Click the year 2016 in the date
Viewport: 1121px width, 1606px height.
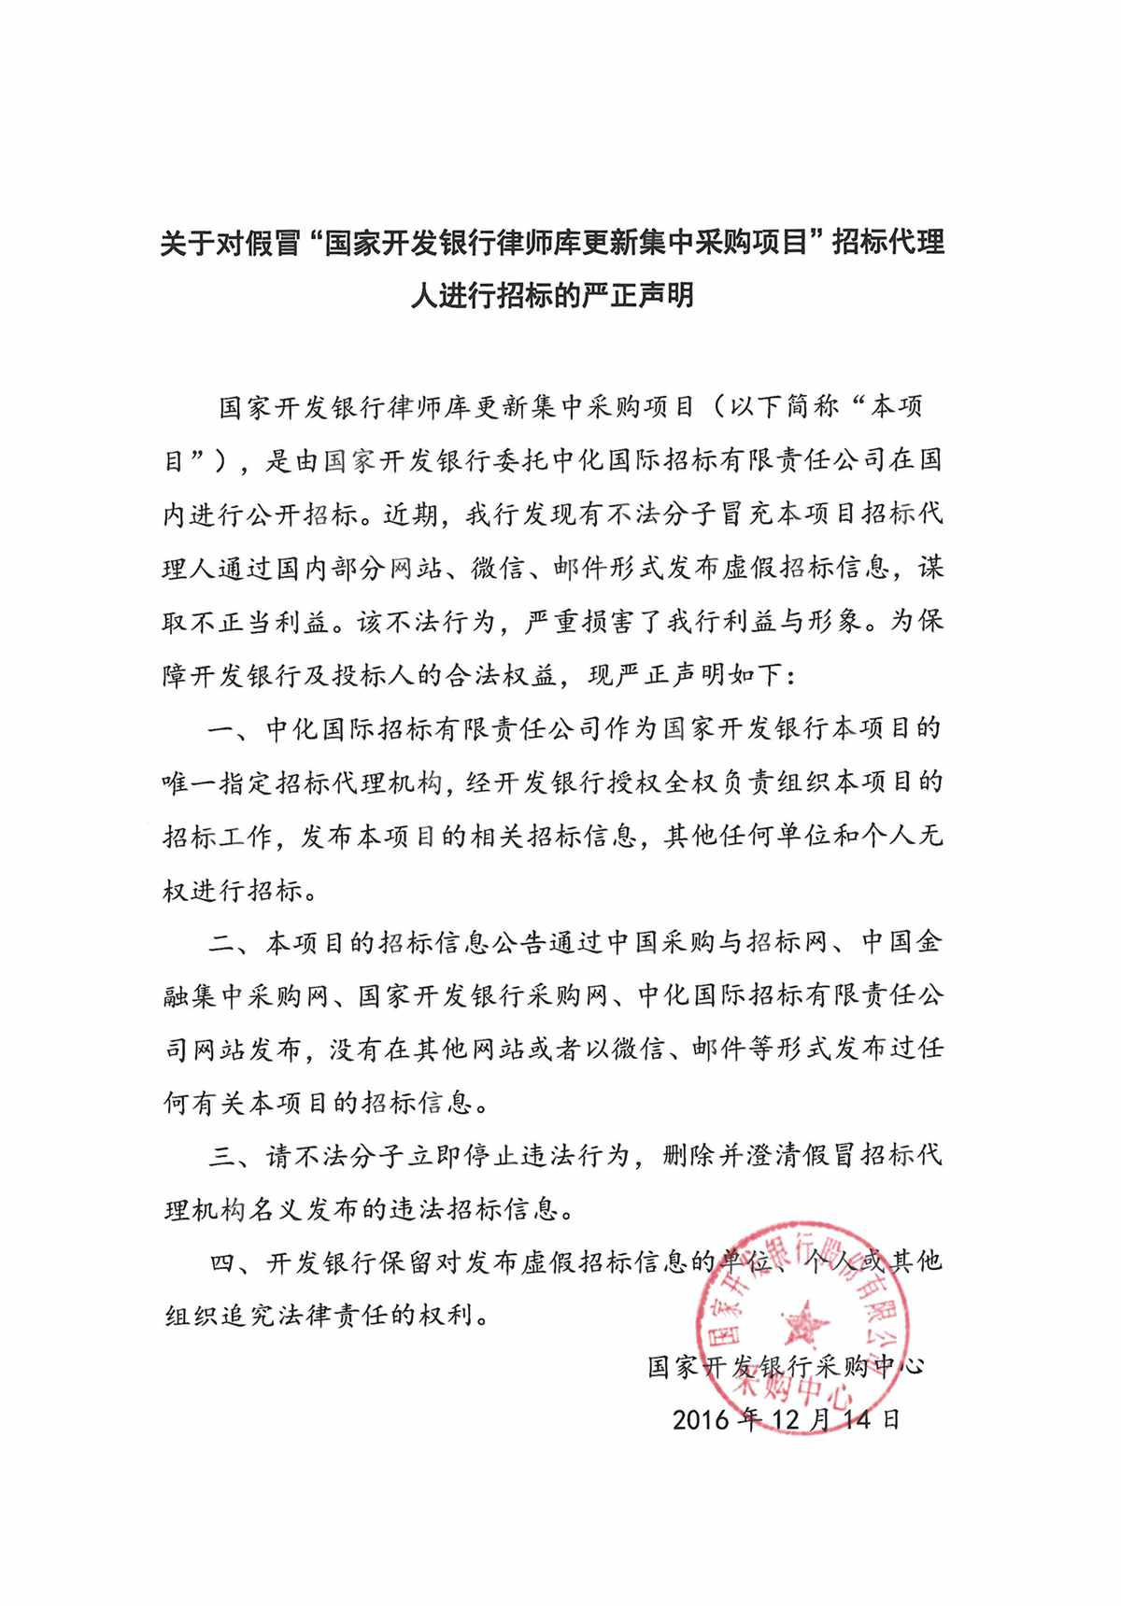tap(700, 1421)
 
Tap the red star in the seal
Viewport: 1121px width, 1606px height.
tap(802, 1325)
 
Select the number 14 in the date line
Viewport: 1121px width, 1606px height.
tap(857, 1421)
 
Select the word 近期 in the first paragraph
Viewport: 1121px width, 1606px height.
tap(410, 514)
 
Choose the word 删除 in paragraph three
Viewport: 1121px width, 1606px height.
tap(689, 1157)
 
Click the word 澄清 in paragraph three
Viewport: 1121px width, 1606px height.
tap(773, 1157)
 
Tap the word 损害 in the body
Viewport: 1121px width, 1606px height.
tap(608, 622)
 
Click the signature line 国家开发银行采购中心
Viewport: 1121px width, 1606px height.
tap(786, 1368)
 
